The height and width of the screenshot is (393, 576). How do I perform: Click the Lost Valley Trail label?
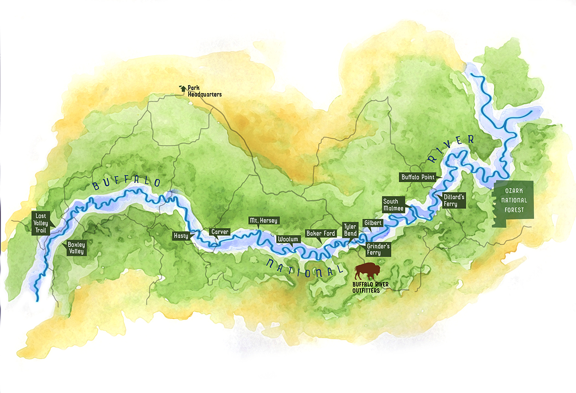[40, 223]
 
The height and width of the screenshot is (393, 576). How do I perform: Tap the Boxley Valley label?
[76, 248]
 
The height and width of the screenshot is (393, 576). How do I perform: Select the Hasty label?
[181, 236]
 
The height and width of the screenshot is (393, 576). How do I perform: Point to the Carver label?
[219, 231]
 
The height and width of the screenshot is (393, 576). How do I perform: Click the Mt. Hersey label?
[263, 221]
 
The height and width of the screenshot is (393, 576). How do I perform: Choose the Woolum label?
[288, 239]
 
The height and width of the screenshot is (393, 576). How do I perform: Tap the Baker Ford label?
[320, 233]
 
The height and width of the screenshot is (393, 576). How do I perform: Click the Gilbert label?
[373, 223]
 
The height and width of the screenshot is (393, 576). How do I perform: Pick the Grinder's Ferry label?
[378, 249]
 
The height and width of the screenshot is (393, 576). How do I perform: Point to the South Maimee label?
[393, 204]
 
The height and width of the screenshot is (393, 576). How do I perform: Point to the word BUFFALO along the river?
[127, 183]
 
